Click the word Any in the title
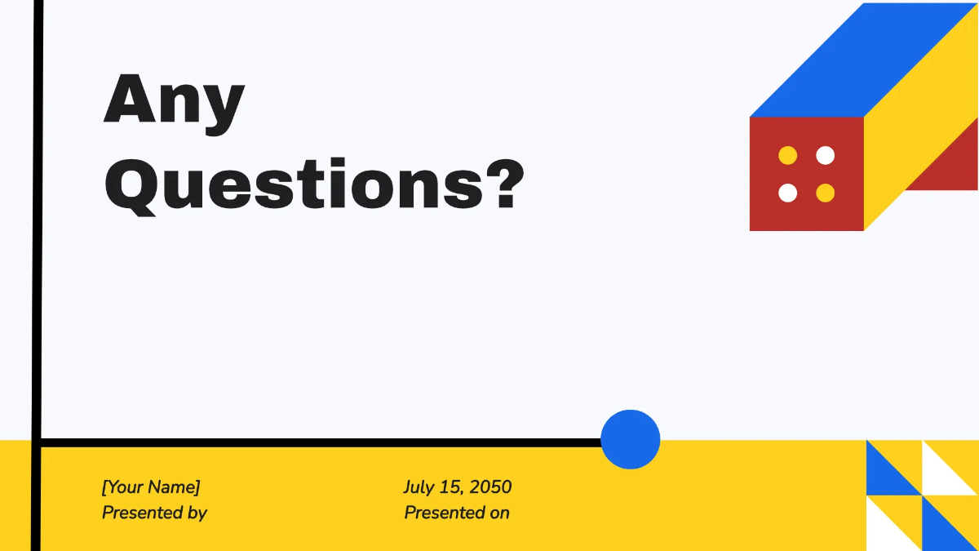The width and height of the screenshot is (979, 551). pos(174,100)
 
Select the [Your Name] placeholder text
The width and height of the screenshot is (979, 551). pos(150,487)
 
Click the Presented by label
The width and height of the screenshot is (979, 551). pos(154,513)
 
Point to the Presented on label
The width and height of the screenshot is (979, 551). pos(457,513)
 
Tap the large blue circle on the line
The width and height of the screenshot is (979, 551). pos(630,439)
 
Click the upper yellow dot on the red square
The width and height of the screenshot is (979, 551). pos(787,155)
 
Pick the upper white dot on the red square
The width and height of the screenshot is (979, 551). pos(826,155)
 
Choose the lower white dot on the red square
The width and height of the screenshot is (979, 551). pos(787,193)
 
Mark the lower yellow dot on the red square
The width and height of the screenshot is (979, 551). pos(826,193)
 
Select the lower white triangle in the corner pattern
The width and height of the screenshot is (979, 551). pos(881,531)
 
